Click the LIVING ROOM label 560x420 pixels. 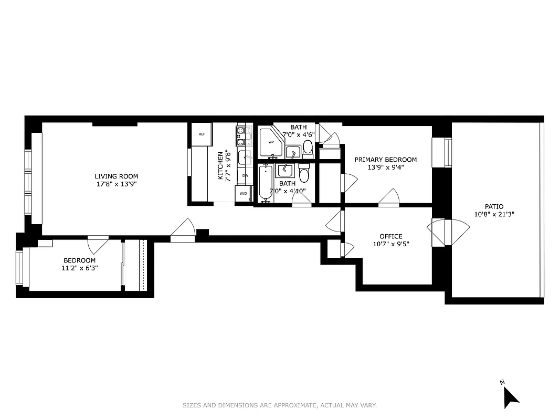click(116, 176)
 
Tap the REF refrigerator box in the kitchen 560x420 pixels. click(202, 134)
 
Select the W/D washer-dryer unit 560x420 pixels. click(244, 194)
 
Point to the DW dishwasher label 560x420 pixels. click(245, 175)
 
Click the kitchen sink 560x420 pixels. click(243, 157)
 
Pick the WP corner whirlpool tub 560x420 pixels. click(271, 142)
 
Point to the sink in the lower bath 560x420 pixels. click(285, 170)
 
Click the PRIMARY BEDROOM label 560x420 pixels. click(385, 160)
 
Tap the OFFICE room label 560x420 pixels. click(391, 236)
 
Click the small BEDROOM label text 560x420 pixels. click(79, 260)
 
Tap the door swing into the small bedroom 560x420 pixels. click(98, 244)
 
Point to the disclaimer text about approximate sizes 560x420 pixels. click(280, 405)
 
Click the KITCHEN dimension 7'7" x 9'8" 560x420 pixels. click(228, 166)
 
